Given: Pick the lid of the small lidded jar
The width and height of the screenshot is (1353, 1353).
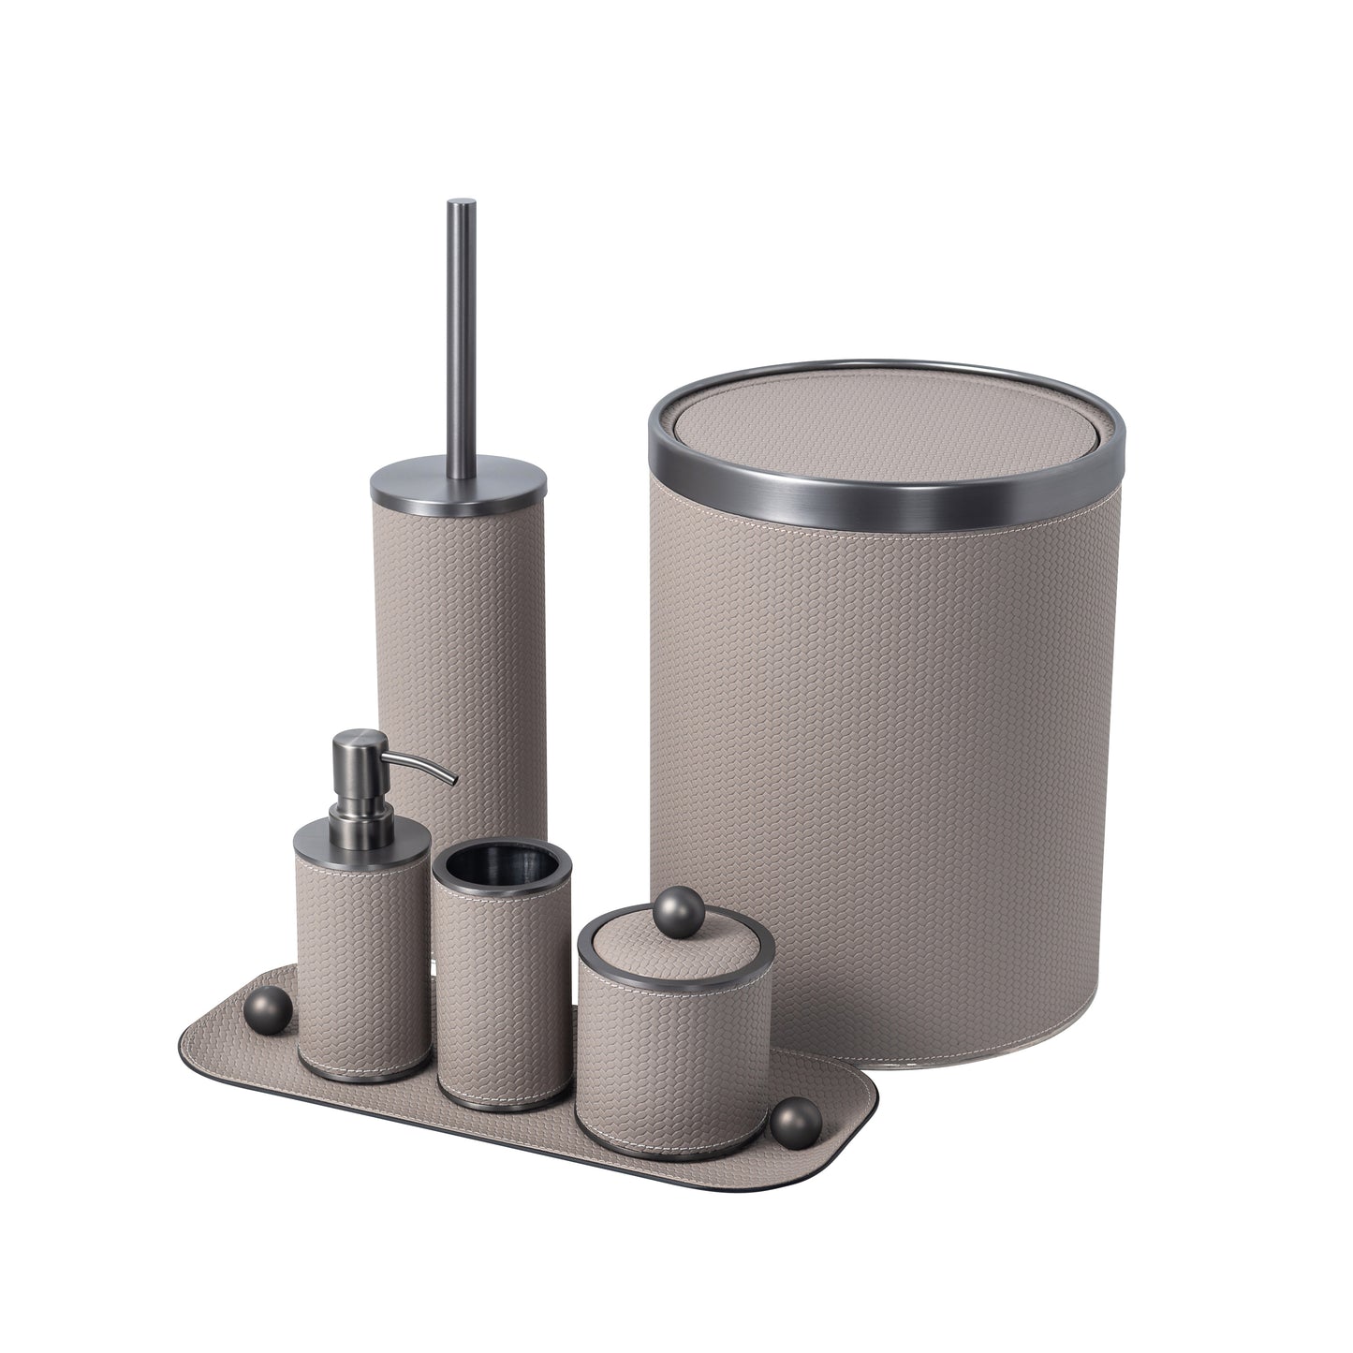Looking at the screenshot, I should click(674, 955).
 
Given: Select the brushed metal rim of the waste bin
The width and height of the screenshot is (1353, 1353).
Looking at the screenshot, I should click(885, 501).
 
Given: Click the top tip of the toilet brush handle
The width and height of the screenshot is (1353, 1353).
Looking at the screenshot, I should click(461, 203).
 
